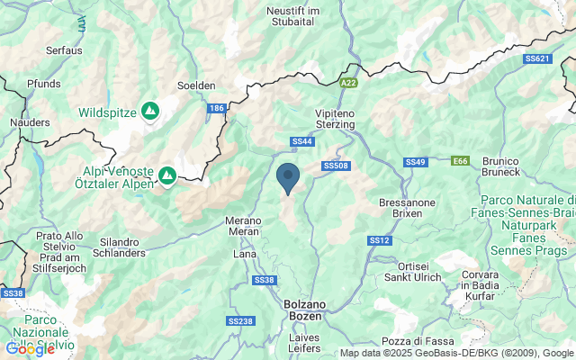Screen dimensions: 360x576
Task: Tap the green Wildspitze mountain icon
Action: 150,111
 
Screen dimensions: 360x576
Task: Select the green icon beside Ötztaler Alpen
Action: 167,174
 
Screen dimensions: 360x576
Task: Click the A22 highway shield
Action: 349,82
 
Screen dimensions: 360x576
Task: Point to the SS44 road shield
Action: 302,141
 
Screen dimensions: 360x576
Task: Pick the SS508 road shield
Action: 336,166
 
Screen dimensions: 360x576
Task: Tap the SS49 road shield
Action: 415,162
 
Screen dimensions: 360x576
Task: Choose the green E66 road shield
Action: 460,161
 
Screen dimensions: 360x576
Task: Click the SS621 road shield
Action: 535,58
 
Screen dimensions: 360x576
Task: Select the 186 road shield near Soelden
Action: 215,108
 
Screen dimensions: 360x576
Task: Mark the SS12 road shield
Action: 379,240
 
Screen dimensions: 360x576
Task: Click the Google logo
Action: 31,348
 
